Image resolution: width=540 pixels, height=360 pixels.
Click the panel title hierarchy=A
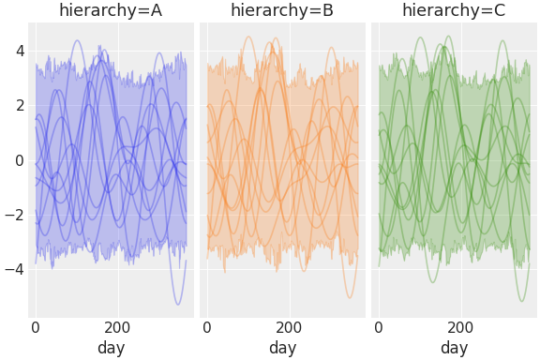pyautogui.click(x=111, y=11)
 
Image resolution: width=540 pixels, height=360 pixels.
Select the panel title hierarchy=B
pyautogui.click(x=282, y=11)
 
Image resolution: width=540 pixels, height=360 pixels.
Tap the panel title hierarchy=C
pyautogui.click(x=454, y=11)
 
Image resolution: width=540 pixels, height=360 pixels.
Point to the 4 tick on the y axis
pyautogui.click(x=18, y=51)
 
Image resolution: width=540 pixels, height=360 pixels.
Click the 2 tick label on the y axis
pyautogui.click(x=18, y=105)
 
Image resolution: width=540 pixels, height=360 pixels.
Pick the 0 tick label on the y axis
pyautogui.click(x=18, y=160)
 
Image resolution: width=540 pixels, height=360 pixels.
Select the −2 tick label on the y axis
pyautogui.click(x=14, y=215)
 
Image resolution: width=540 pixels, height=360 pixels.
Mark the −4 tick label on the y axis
pyautogui.click(x=14, y=269)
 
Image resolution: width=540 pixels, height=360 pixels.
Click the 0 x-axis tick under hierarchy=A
pyautogui.click(x=36, y=328)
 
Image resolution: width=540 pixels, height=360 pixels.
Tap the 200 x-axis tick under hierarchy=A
pyautogui.click(x=117, y=328)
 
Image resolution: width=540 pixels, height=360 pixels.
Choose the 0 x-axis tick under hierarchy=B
pyautogui.click(x=207, y=328)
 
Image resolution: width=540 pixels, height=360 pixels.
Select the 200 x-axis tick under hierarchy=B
pyautogui.click(x=289, y=328)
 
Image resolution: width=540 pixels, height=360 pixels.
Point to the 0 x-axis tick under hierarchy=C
pyautogui.click(x=379, y=328)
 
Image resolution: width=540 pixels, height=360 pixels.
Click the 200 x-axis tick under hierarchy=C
pyautogui.click(x=460, y=328)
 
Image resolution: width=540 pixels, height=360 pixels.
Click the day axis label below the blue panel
pyautogui.click(x=111, y=348)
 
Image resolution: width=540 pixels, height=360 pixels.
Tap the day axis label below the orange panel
pyautogui.click(x=282, y=348)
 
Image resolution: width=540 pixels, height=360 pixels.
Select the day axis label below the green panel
pyautogui.click(x=454, y=348)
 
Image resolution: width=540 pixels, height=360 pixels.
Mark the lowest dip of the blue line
pyautogui.click(x=178, y=304)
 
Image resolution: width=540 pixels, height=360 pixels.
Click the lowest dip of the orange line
pyautogui.click(x=350, y=298)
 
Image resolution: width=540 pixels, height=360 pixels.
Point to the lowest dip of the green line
pyautogui.click(x=522, y=301)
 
